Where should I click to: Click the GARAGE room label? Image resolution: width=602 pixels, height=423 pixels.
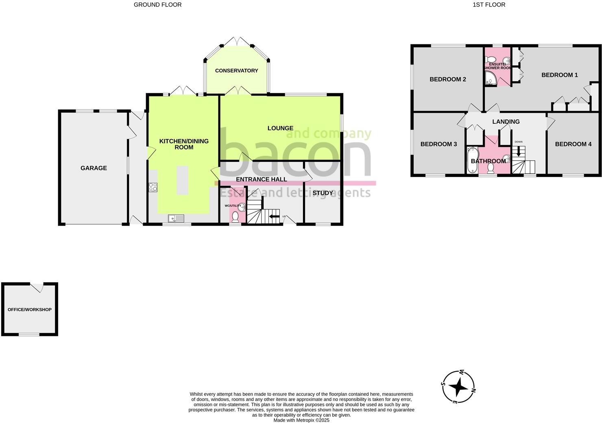click(94, 168)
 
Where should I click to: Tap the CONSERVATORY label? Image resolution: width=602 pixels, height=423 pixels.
click(236, 71)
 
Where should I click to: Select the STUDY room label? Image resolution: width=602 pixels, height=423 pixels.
click(323, 193)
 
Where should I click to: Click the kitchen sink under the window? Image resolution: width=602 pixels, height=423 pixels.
click(177, 218)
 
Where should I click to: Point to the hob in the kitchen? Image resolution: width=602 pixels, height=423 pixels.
click(153, 187)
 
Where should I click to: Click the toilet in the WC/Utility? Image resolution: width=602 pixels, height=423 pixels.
click(235, 218)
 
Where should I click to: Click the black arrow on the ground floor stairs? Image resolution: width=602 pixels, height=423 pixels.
click(274, 216)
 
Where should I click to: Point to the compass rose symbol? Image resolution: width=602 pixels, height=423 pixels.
click(458, 386)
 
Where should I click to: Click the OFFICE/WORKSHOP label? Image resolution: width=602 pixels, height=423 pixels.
click(30, 310)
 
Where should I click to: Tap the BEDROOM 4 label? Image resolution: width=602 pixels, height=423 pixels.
click(573, 144)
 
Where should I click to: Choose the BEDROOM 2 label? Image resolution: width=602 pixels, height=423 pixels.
click(447, 79)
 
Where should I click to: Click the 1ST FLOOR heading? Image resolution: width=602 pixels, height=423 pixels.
click(489, 5)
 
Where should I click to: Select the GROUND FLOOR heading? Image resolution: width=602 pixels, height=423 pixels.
click(158, 5)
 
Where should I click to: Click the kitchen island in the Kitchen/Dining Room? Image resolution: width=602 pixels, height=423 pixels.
click(183, 180)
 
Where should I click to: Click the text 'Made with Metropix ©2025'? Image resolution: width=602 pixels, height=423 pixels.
click(301, 420)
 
